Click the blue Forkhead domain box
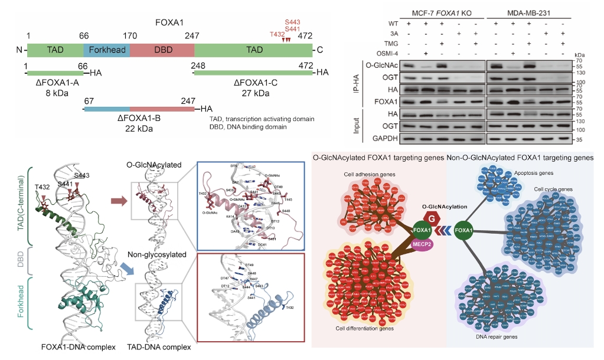pyautogui.click(x=107, y=50)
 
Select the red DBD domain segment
pyautogui.click(x=162, y=50)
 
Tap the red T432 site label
pyautogui.click(x=277, y=34)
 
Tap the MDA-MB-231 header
pyautogui.click(x=531, y=11)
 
